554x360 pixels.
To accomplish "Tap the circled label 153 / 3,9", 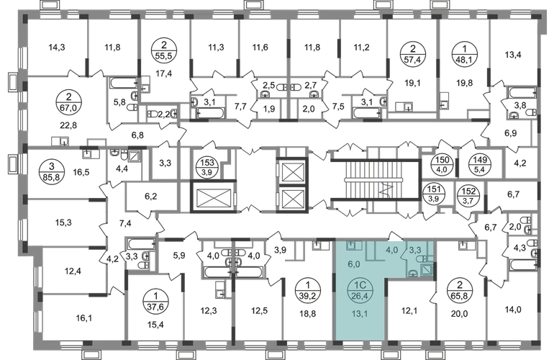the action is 207,166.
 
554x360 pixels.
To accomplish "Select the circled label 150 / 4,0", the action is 441,164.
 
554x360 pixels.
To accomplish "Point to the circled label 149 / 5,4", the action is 479,164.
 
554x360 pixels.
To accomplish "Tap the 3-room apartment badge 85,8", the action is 52,171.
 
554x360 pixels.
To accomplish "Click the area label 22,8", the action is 68,125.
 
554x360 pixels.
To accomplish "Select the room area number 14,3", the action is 57,48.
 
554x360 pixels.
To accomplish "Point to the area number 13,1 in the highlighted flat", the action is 360,313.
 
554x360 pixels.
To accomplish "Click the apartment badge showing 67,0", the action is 68,102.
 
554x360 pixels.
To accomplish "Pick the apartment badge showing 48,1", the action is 465,55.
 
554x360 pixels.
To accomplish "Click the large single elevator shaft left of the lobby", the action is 213,197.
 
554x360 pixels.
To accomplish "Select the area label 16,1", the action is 83,319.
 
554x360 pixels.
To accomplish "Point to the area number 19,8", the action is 464,84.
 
